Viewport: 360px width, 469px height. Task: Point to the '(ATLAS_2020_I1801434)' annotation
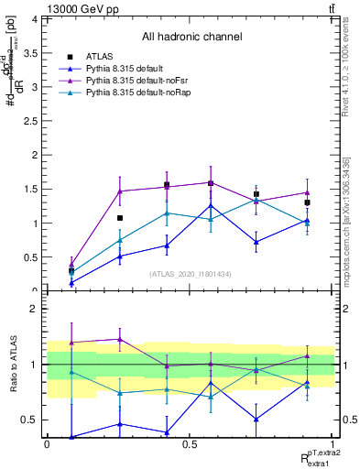(191, 274)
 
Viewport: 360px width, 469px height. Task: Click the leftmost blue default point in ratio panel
(71, 437)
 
